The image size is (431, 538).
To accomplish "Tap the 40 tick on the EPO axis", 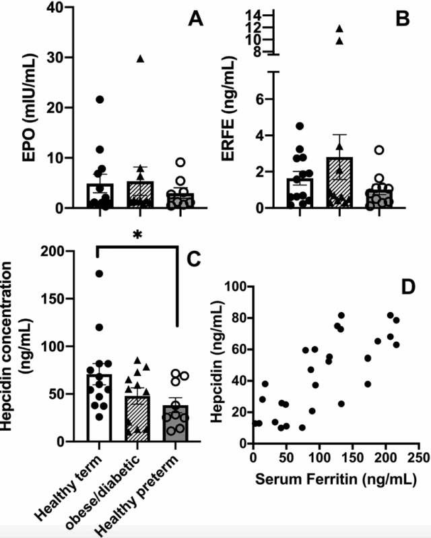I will [x=59, y=8].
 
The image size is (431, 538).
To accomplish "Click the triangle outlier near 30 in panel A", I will [x=140, y=59].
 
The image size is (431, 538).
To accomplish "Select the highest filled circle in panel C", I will [x=99, y=274].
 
